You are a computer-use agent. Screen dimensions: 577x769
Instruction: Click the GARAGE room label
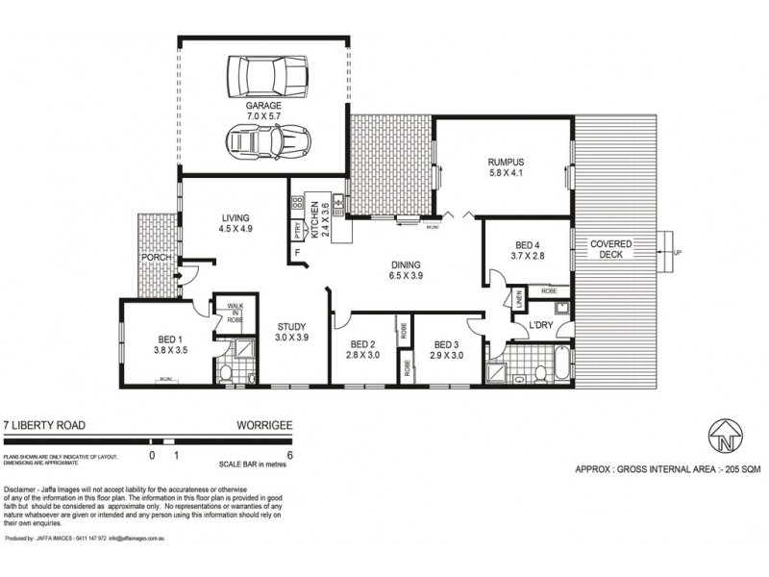pos(261,107)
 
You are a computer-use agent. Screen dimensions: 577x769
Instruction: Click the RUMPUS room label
pos(504,163)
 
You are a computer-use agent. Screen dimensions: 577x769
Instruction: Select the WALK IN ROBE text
pos(235,313)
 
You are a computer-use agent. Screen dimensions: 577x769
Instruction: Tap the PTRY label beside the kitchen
pos(298,232)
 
